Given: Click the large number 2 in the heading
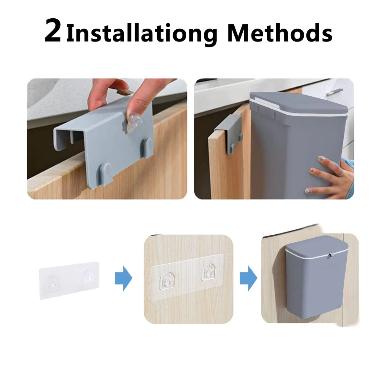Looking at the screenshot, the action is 53,30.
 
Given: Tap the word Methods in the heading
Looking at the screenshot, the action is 280,32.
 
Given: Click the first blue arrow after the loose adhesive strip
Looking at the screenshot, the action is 123,278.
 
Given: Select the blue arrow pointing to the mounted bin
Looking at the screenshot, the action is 248,278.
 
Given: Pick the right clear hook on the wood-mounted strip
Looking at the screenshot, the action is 209,272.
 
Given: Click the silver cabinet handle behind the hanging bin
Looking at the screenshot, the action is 335,92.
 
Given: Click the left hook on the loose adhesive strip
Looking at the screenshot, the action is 53,283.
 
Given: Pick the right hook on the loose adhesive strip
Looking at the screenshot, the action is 90,277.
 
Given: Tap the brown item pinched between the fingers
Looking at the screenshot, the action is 125,92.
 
